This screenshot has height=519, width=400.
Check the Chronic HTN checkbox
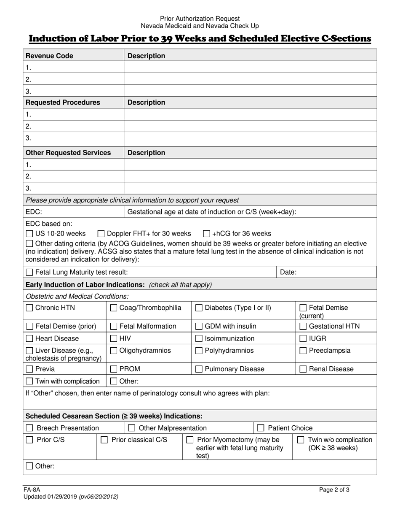tap(29, 308)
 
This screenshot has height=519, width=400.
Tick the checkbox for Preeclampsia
tap(303, 351)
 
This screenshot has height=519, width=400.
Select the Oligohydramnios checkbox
tap(114, 351)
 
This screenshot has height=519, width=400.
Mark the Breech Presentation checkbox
tap(30, 428)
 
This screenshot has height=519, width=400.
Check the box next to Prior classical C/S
tap(104, 440)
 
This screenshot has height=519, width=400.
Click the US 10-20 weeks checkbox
tap(29, 234)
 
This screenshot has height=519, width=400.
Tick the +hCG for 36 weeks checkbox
tap(206, 234)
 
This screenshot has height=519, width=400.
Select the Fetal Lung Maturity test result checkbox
tap(29, 273)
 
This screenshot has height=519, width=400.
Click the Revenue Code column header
tap(49, 56)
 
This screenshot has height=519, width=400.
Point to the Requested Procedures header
tap(63, 103)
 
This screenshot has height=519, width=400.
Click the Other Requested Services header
tap(68, 153)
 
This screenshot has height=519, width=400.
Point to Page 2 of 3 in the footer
tap(334, 490)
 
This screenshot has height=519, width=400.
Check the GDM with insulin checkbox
tap(199, 326)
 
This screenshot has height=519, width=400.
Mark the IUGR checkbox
tap(303, 338)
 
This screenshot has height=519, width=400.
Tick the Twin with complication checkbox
tap(29, 381)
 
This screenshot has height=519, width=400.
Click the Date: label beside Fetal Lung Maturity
tap(288, 273)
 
